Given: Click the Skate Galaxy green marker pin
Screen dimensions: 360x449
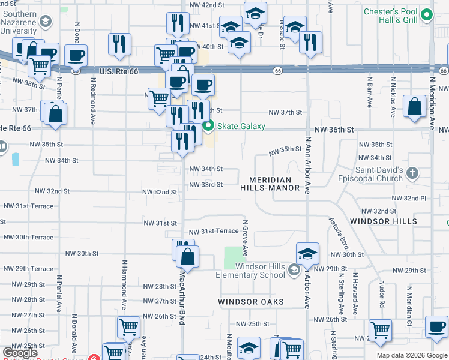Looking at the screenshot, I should tap(208, 126).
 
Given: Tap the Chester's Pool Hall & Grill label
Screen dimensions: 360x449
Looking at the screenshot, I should tap(390, 16).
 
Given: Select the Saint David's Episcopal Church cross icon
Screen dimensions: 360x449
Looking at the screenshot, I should tap(412, 174).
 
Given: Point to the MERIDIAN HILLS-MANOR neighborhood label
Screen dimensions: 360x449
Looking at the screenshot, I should tap(270, 184).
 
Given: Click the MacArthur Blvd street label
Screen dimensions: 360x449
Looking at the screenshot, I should tap(182, 297).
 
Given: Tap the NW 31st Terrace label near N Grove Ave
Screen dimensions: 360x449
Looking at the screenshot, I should tap(214, 232).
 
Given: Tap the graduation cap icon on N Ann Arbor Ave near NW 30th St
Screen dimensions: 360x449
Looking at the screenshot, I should tap(307, 254).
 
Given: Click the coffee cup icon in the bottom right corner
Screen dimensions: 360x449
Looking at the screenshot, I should tap(436, 327).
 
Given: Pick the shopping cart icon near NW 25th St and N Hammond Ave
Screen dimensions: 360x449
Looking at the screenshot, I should tap(129, 327).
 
